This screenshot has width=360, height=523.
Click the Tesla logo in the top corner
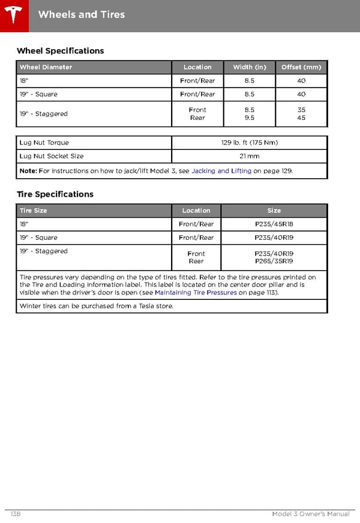coord(13,15)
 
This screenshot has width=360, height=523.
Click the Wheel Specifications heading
coord(60,51)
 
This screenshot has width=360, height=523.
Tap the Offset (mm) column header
coord(301,67)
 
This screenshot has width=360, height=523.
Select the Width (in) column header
coord(250,67)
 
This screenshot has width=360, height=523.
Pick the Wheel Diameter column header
coord(46,67)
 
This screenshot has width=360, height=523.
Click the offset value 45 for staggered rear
coord(301,118)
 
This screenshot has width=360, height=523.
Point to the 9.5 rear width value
coord(250,118)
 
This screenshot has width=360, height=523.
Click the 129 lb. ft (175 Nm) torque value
coord(250,143)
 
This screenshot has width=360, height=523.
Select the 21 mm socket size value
coord(250,156)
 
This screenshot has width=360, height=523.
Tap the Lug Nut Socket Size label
coord(52,156)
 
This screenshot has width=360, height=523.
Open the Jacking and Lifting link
coord(221,171)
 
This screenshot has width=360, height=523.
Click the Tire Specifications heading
coord(55,194)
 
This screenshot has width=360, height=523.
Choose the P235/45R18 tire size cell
coord(274,224)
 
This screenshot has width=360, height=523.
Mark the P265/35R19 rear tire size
coord(274,261)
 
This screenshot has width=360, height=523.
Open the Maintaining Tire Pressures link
coord(196,293)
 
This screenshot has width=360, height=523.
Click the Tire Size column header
coord(33,211)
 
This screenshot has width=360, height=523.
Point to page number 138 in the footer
coord(16,514)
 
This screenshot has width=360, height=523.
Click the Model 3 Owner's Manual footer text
coord(310,514)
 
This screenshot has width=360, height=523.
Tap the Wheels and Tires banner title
coord(82,14)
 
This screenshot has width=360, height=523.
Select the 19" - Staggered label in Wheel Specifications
coord(43,114)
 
